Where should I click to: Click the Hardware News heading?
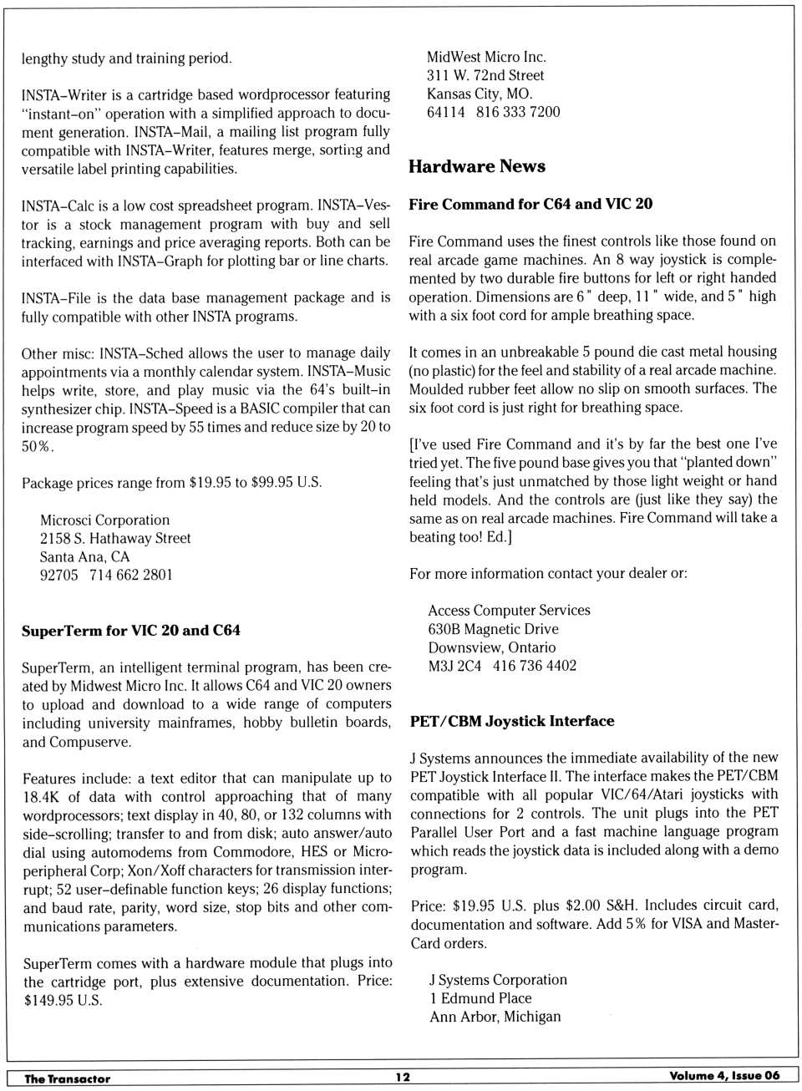476,166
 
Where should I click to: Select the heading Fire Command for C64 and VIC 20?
530,204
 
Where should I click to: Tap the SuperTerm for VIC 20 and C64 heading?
131,631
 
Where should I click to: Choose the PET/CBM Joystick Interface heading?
512,721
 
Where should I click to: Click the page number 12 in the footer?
403,1078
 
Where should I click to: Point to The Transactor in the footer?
67,1078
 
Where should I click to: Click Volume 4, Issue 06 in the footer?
723,1076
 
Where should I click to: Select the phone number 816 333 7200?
518,112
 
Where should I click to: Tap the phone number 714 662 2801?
131,575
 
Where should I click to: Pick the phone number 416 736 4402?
535,666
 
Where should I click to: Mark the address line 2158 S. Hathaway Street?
115,538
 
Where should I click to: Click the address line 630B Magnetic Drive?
493,629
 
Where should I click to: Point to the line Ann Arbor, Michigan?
495,1017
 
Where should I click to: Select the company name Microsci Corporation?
104,520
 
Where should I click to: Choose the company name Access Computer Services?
509,611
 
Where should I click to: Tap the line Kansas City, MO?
480,94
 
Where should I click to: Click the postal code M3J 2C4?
454,666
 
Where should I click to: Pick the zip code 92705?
58,575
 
